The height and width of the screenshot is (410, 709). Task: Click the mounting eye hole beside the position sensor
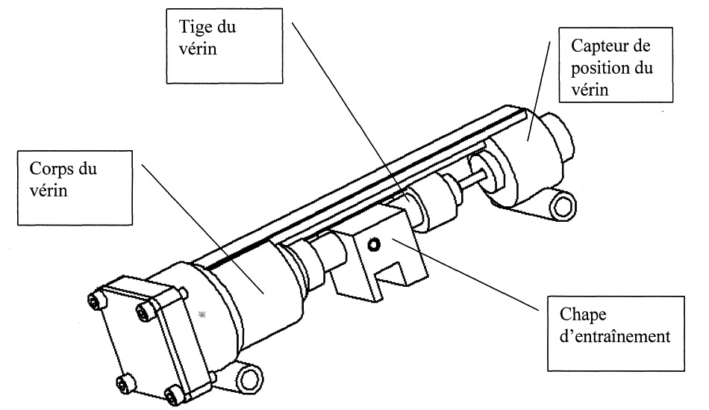coord(560,205)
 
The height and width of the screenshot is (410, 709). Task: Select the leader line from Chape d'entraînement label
coord(470,274)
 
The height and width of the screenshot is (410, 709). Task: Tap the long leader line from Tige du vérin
coord(343,112)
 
